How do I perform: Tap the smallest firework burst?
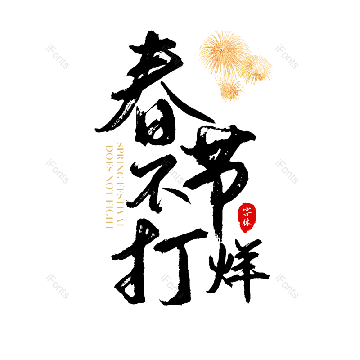point(230,88)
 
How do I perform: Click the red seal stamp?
point(246,216)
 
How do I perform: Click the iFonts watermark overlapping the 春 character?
point(172,56)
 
